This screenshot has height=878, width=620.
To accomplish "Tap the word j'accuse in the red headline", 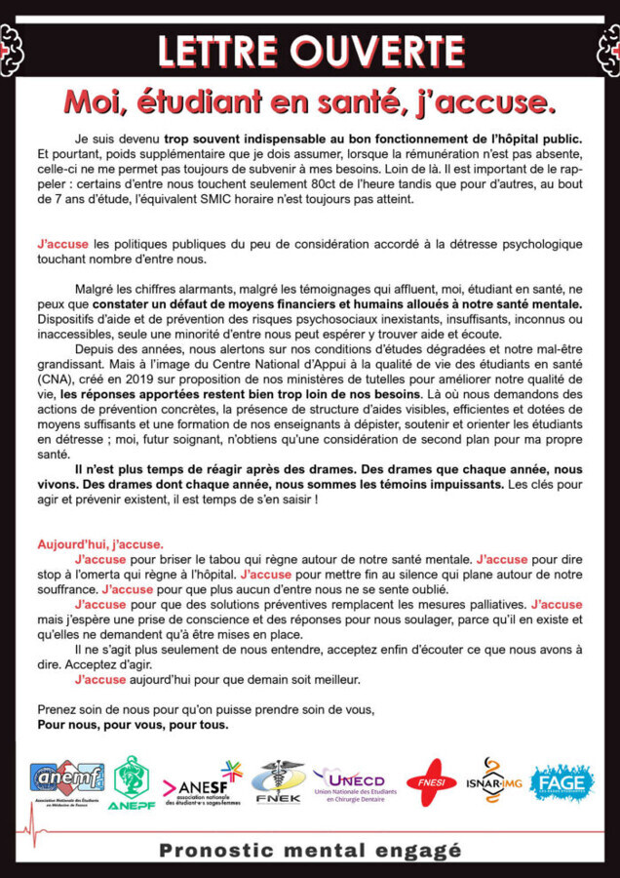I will click(x=484, y=100).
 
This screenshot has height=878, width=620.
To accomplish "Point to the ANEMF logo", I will click(x=66, y=778).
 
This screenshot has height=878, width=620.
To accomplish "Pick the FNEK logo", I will click(x=277, y=781).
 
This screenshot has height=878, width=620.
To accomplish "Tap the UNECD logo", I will click(x=348, y=783).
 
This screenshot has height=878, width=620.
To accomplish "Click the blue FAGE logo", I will click(x=562, y=782).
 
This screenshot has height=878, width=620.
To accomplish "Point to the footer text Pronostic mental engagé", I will click(x=310, y=851).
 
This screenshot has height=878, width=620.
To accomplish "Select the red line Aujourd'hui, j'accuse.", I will click(x=100, y=544).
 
